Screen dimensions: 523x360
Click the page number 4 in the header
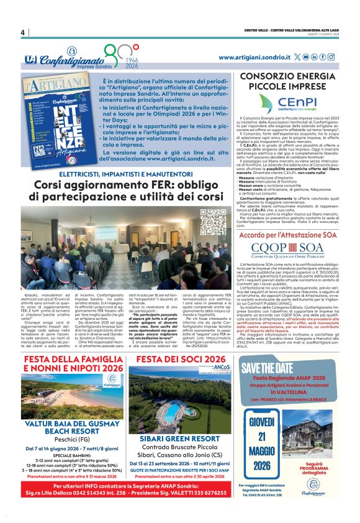click(x=22, y=32)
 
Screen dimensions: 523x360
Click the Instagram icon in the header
click(x=331, y=57)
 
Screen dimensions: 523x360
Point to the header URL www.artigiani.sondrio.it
click(x=254, y=57)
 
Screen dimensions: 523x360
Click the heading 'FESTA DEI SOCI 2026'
click(x=181, y=359)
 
